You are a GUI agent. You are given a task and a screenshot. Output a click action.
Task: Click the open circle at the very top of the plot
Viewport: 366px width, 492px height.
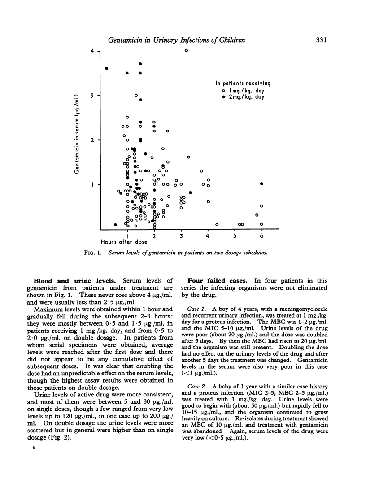click(x=186, y=50)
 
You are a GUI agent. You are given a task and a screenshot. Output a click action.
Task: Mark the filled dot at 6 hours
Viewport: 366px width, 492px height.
click(x=261, y=184)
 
